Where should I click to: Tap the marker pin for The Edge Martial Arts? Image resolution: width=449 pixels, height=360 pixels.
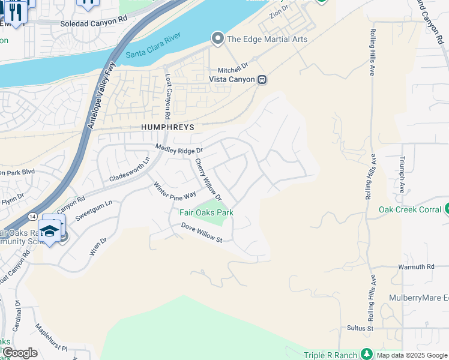(x=217, y=39)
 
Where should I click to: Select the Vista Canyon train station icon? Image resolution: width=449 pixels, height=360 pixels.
(x=262, y=79)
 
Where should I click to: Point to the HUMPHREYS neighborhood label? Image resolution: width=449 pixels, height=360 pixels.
(x=168, y=127)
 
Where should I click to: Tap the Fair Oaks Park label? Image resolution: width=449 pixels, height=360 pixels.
(x=206, y=212)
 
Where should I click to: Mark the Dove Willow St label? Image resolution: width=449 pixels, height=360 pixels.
(x=202, y=232)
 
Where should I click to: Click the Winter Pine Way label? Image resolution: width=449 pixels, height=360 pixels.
(x=174, y=190)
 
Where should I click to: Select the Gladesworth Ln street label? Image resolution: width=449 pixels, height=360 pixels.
(x=129, y=170)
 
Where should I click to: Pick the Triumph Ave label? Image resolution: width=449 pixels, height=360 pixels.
(x=402, y=175)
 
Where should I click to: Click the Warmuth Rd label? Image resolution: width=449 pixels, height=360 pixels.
(x=416, y=266)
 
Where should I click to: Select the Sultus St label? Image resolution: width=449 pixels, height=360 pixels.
(x=360, y=328)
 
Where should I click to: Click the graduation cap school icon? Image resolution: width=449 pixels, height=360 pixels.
(x=50, y=230)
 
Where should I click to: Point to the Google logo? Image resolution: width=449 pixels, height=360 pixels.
(x=19, y=353)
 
